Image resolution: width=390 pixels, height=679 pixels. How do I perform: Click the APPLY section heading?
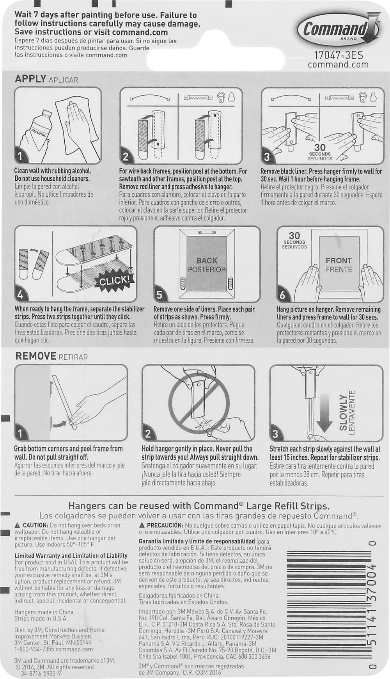pyautogui.click(x=30, y=79)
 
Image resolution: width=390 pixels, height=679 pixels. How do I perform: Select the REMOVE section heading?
pyautogui.click(x=36, y=356)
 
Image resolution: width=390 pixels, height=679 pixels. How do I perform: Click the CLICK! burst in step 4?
pyautogui.click(x=115, y=281)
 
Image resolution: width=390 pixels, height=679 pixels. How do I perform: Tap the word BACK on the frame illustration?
pyautogui.click(x=207, y=261)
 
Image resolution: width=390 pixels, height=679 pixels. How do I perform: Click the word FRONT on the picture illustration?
pyautogui.click(x=339, y=260)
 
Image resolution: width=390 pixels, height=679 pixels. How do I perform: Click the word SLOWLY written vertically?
pyautogui.click(x=343, y=412)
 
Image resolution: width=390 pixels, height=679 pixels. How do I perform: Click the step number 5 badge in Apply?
pyautogui.click(x=160, y=295)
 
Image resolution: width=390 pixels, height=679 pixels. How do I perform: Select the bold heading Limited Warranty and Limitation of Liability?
pyautogui.click(x=71, y=556)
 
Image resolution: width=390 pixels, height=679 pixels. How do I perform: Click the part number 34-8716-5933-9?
pyautogui.click(x=38, y=674)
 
